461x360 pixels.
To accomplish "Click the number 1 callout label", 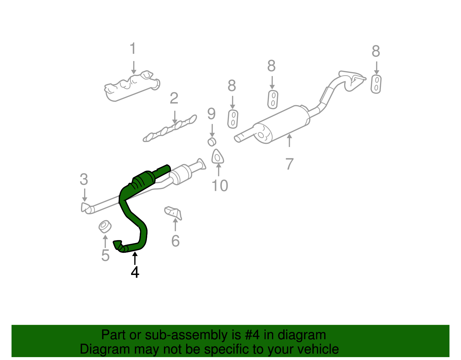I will coord(133,49).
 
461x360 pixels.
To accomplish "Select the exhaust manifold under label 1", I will coord(131,86).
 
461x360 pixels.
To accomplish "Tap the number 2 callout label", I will coord(174,99).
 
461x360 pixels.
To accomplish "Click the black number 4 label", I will coord(135,272).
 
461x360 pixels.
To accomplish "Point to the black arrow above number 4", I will coord(135,257).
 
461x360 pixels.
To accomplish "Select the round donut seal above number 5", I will coord(105,227).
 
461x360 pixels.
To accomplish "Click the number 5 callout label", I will coord(105,255).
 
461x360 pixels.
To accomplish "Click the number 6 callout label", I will coord(175,241).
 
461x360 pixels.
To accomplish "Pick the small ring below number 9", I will coord(212,142).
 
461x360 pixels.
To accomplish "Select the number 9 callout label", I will coord(211,114).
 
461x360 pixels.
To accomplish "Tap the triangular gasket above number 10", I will coord(218,157).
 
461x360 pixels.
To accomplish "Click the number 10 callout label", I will coord(220,186).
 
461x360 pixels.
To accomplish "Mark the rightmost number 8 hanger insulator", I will coord(376,84).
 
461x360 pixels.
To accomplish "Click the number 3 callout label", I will coord(84,180).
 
